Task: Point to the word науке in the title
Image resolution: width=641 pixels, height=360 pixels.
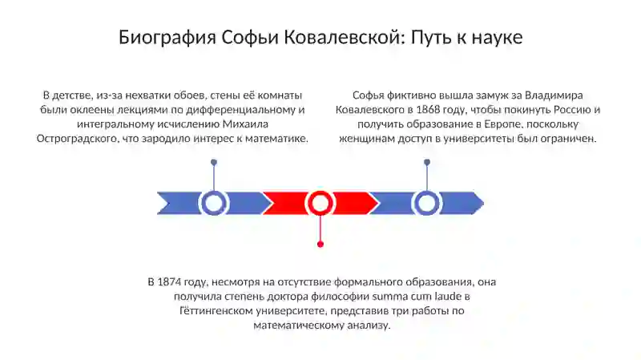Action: [x=495, y=37]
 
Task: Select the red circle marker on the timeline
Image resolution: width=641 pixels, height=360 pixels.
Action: [x=320, y=203]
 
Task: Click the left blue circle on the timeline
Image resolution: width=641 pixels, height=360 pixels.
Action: [x=214, y=203]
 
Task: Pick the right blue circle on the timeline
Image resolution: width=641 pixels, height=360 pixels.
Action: [x=427, y=203]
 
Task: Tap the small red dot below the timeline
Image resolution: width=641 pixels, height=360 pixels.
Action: [x=320, y=243]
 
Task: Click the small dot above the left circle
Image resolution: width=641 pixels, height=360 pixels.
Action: [x=214, y=162]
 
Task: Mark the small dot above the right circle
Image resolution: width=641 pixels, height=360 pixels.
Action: [x=427, y=162]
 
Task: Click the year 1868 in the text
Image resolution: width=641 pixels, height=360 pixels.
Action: [x=433, y=110]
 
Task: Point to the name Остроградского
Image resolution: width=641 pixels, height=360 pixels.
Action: [x=76, y=139]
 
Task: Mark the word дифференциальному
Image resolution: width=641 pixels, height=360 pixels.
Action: [x=244, y=110]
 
